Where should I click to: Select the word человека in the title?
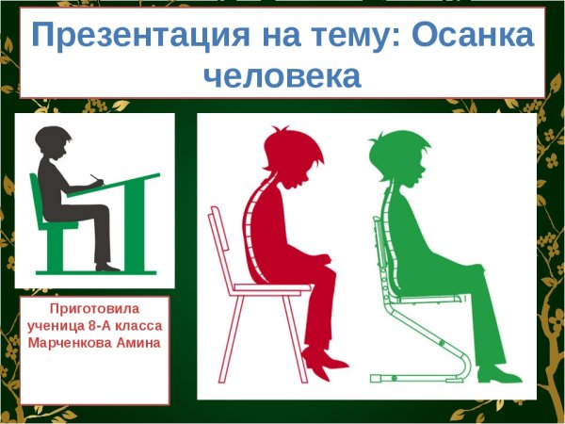pos(282,75)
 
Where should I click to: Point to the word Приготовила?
pos(94,308)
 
